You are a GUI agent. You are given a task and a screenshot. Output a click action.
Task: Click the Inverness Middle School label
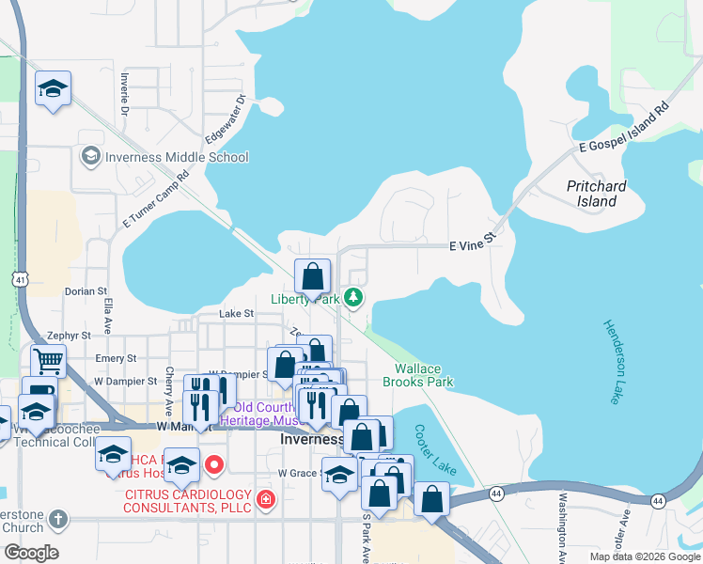tap(177, 157)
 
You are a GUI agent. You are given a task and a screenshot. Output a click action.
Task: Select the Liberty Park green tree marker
tap(353, 298)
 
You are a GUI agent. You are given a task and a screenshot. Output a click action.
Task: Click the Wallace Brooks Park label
tap(418, 375)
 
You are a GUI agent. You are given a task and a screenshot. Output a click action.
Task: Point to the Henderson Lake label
tap(612, 362)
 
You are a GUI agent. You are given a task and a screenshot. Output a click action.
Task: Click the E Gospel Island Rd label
tap(623, 129)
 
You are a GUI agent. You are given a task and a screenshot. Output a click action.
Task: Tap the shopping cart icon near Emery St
tap(48, 360)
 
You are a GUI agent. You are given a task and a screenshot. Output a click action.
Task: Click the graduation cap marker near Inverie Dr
tap(53, 89)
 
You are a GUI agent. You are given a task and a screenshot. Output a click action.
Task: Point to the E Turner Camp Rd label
tap(156, 200)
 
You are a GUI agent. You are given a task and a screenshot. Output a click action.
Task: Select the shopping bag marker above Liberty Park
tap(313, 276)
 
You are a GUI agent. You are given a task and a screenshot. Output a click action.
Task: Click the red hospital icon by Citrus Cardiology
tap(266, 498)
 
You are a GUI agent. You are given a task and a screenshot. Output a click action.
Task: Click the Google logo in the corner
tap(30, 553)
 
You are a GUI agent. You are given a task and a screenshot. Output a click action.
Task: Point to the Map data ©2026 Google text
tap(644, 556)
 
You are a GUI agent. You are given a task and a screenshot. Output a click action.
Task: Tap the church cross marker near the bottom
tap(58, 519)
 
